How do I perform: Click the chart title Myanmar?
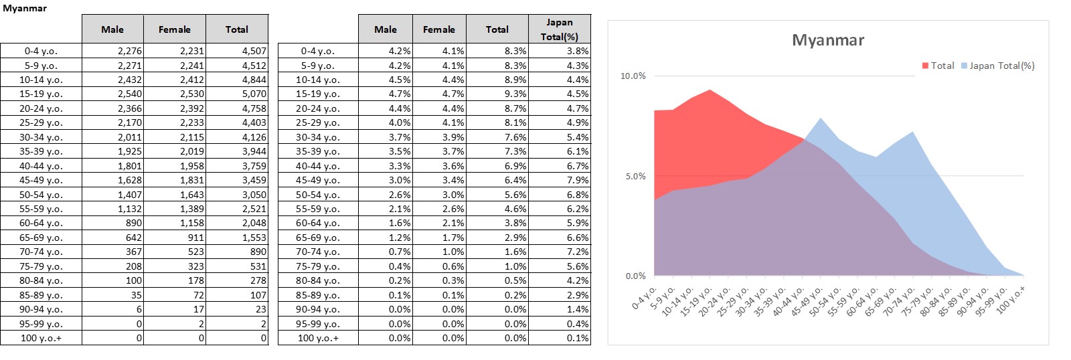pyautogui.click(x=827, y=40)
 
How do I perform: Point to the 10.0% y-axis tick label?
pyautogui.click(x=633, y=76)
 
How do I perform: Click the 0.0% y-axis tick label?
pyautogui.click(x=635, y=276)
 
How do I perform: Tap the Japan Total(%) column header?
pyautogui.click(x=559, y=29)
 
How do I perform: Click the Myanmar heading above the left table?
pyautogui.click(x=25, y=9)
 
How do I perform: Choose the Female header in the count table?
pyautogui.click(x=174, y=29)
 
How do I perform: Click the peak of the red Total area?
pyautogui.click(x=709, y=90)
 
